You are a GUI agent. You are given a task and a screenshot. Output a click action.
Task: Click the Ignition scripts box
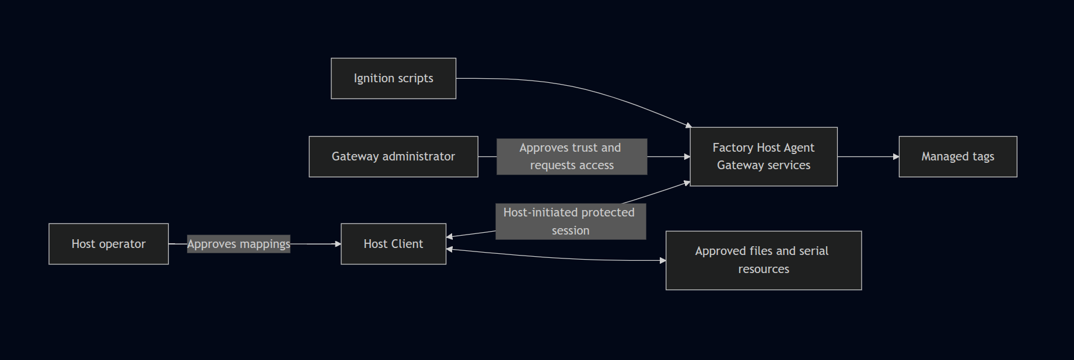393,78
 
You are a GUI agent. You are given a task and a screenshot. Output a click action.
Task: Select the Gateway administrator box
393,156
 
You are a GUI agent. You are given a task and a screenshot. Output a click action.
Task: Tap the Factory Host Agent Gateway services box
764,156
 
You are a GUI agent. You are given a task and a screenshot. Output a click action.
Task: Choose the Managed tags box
958,156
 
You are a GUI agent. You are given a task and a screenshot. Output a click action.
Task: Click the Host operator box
109,244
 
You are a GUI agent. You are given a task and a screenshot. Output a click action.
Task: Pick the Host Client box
393,244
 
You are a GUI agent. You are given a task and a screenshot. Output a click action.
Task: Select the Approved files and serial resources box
764,260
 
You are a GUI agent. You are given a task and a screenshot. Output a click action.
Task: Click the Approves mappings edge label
239,244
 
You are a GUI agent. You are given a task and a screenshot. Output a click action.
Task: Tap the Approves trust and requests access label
572,156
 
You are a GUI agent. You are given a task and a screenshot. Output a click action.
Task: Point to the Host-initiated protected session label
571,221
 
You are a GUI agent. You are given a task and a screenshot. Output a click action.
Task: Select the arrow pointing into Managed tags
868,156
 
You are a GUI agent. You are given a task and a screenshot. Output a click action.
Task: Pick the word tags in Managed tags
983,156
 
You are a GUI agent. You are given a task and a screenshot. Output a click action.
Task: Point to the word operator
123,244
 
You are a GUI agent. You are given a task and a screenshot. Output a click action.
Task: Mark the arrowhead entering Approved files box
663,260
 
